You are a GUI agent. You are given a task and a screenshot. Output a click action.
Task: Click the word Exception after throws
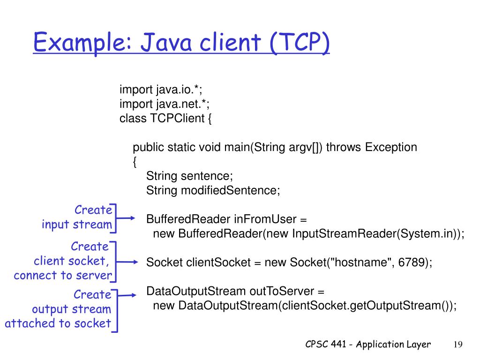pos(391,147)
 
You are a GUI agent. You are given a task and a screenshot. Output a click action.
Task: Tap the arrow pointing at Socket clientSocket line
pos(127,262)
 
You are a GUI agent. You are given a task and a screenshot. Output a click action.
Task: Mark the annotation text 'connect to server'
pos(63,275)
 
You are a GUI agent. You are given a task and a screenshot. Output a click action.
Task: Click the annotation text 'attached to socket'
pos(58,323)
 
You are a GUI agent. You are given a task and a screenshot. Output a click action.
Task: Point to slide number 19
pos(458,345)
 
